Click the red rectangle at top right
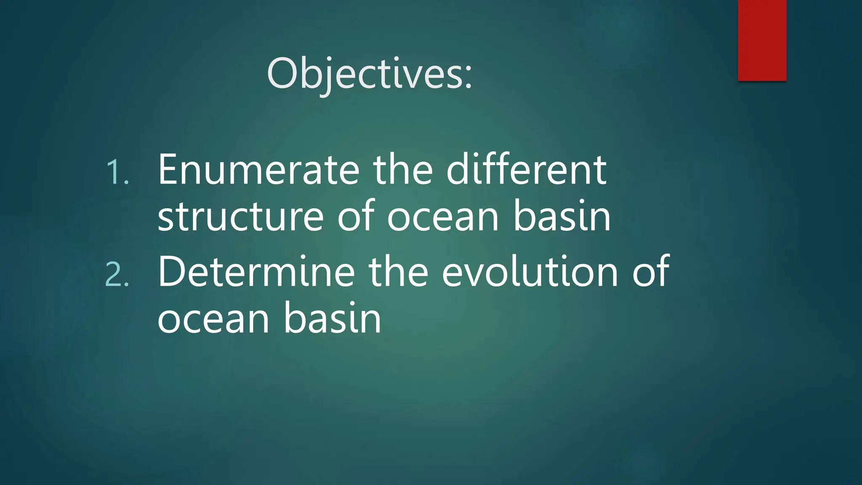click(762, 40)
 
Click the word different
click(526, 170)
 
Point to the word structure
click(240, 217)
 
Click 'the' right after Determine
click(398, 272)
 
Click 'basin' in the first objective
click(561, 217)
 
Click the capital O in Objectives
click(283, 73)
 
